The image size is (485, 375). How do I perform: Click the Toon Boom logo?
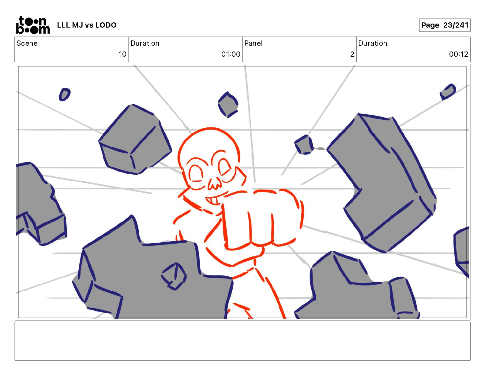point(33,25)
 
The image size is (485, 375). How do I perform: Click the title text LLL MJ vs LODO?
point(87,25)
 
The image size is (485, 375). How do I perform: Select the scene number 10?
point(122,54)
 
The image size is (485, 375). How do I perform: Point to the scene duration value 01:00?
point(231,54)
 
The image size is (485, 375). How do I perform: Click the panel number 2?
point(352,54)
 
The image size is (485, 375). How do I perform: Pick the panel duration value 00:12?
point(458,54)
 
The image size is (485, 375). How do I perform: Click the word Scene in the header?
point(27,43)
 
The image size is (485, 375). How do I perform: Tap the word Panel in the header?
point(253,43)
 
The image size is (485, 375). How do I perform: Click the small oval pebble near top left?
point(65,94)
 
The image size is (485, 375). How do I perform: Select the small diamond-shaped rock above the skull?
point(228,104)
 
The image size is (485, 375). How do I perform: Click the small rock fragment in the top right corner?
point(448,92)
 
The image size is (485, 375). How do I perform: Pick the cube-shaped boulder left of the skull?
point(135,140)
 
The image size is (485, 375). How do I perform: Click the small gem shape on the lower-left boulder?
point(174,276)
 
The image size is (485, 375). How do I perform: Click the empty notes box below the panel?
point(242,341)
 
